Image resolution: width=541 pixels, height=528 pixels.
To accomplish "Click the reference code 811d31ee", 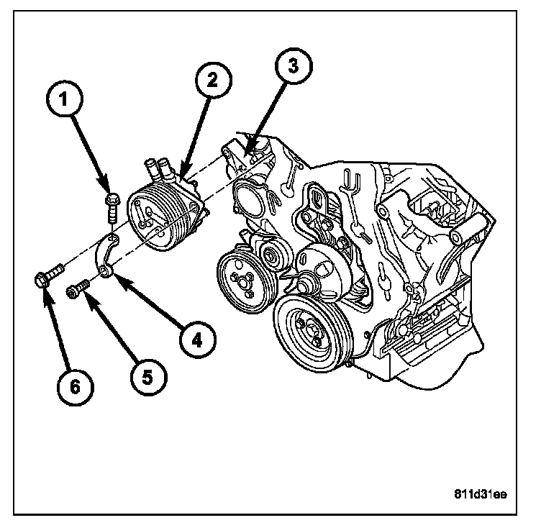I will (480, 494).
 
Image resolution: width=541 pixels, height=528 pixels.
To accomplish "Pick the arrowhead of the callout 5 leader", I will (88, 295).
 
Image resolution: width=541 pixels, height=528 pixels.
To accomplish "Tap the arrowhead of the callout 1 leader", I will (106, 188).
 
